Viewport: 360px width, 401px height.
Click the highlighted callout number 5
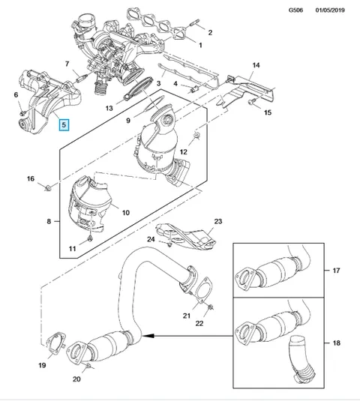tap(64, 125)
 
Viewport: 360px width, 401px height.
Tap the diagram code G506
tap(295, 10)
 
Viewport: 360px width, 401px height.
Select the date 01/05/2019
tap(330, 10)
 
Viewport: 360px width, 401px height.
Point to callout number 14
tap(256, 65)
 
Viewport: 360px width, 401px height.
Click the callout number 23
tap(218, 221)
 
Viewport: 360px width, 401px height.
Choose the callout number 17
tap(336, 271)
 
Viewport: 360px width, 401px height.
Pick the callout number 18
tap(336, 343)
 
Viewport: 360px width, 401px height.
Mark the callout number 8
tap(49, 221)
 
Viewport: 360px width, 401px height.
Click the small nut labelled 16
tap(48, 188)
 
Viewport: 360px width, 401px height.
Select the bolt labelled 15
tap(250, 102)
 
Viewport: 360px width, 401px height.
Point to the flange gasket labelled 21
tap(204, 289)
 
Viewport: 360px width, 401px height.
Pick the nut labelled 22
tap(211, 307)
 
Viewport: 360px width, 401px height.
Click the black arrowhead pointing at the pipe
tap(149, 336)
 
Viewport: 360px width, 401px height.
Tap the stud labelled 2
tap(194, 22)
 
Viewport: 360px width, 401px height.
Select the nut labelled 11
tap(90, 239)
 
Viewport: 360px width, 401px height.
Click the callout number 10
tap(126, 213)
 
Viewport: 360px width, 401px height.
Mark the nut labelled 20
tap(88, 367)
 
